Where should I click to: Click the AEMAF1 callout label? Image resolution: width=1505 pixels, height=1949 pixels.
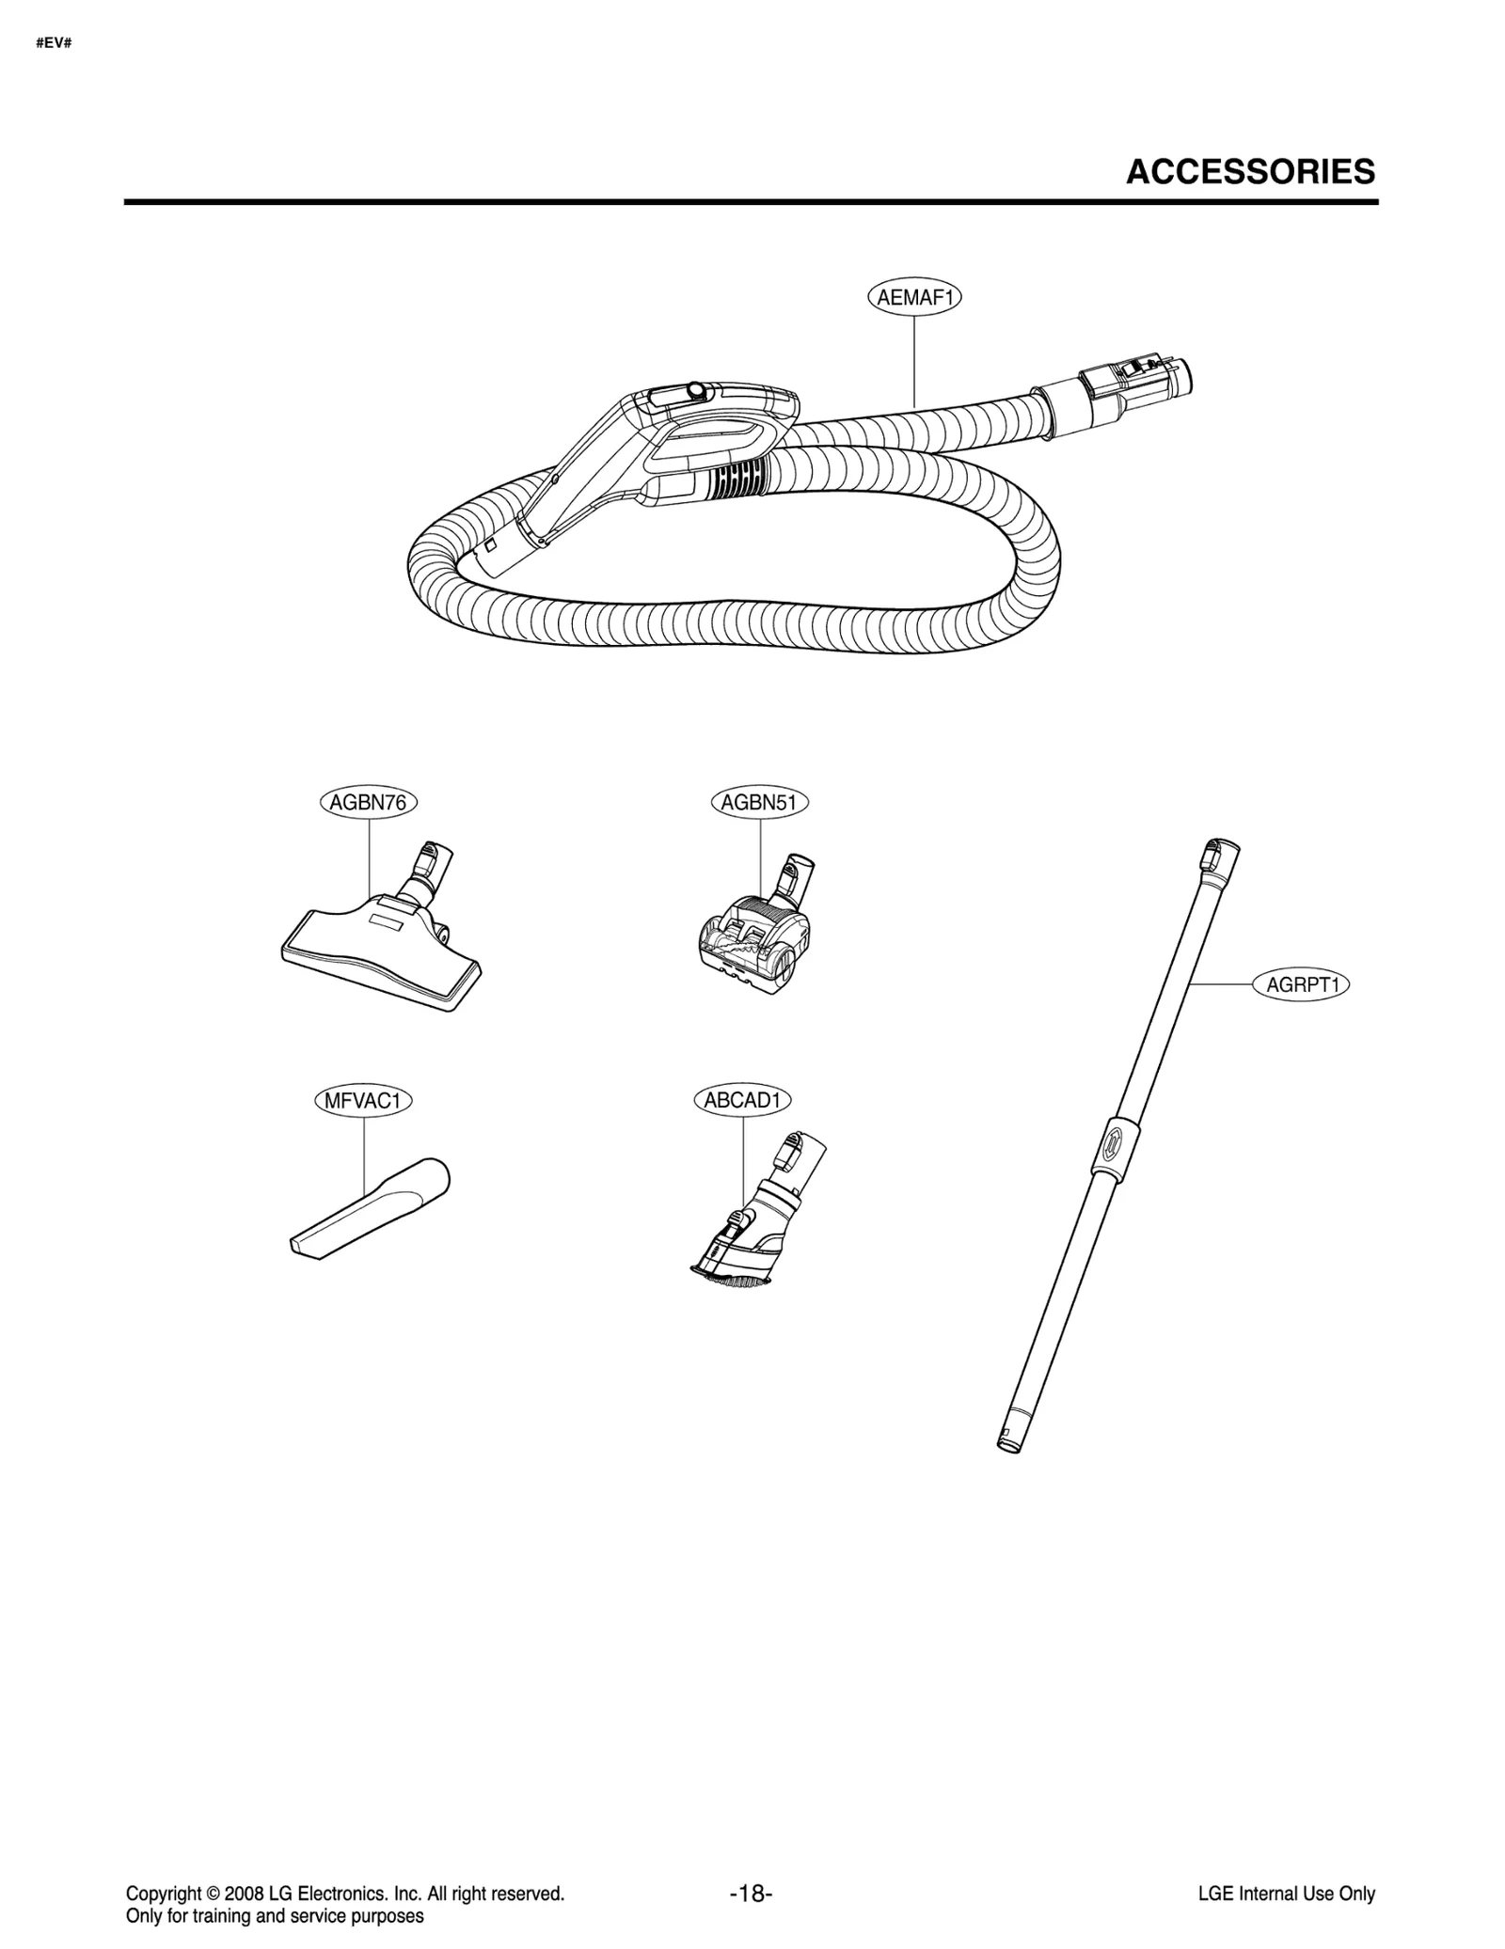click(914, 298)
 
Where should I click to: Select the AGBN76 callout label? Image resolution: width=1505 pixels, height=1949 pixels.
click(368, 803)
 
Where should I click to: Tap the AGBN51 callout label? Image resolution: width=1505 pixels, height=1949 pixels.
click(759, 803)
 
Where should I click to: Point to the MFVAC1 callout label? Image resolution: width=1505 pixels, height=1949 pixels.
click(363, 1101)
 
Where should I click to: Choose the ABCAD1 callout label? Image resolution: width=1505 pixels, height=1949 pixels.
click(743, 1100)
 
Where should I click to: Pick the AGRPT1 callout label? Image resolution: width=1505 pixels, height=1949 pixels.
click(1302, 985)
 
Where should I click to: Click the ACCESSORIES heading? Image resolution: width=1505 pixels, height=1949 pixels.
click(1250, 172)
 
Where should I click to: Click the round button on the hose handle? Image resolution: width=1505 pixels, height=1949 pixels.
click(695, 389)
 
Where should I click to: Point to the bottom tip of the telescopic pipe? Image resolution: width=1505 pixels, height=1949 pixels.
click(1007, 1443)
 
